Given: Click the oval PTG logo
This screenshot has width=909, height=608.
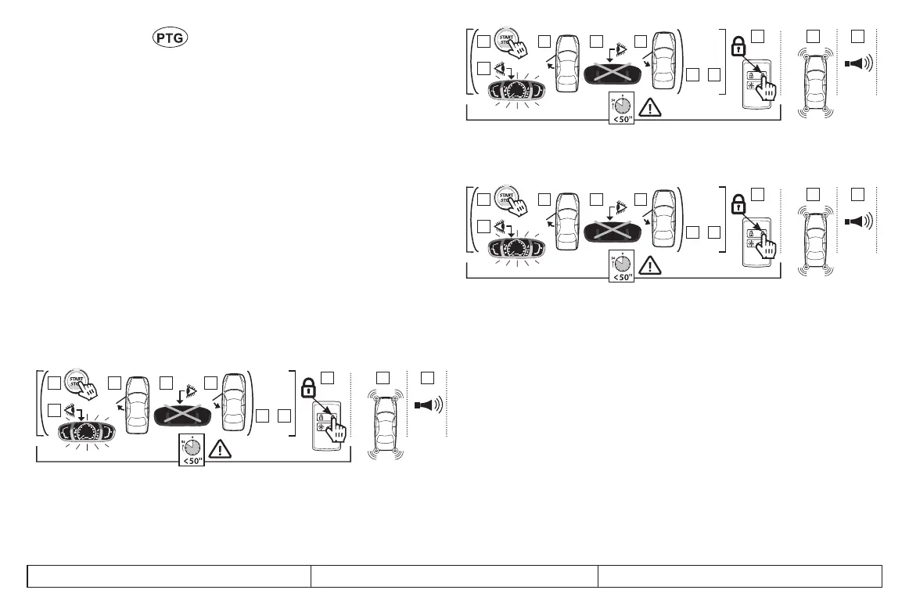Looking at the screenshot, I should pos(171,38).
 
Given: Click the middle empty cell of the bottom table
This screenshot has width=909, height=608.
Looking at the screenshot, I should pos(454,575).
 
